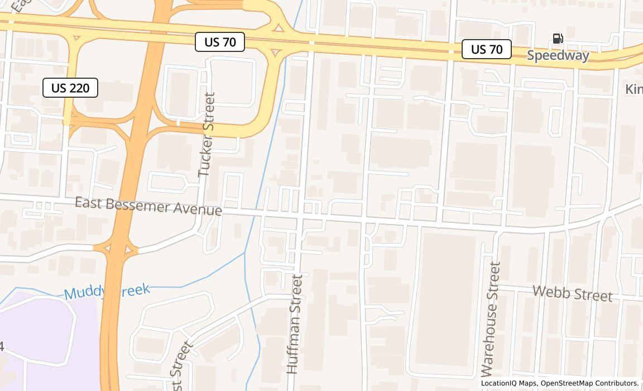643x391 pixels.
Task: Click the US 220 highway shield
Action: pyautogui.click(x=70, y=88)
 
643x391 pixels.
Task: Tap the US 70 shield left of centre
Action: pyautogui.click(x=220, y=42)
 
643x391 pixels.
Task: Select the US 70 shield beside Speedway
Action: pyautogui.click(x=486, y=49)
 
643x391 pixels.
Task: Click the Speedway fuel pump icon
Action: pyautogui.click(x=558, y=39)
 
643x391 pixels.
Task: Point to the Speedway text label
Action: pyautogui.click(x=558, y=55)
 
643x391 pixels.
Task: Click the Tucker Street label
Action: pyautogui.click(x=207, y=135)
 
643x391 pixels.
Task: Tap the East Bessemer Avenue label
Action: pyautogui.click(x=148, y=206)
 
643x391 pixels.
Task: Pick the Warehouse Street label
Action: pyautogui.click(x=491, y=319)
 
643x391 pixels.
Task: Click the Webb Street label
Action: pyautogui.click(x=572, y=293)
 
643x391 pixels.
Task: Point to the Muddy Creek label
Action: pyautogui.click(x=107, y=291)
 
